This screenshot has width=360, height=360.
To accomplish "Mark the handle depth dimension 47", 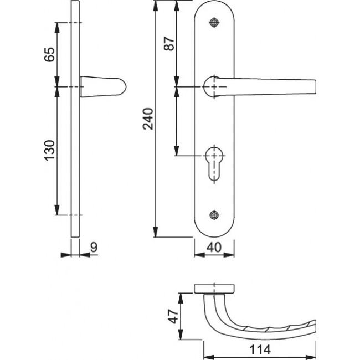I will pyautogui.click(x=172, y=316).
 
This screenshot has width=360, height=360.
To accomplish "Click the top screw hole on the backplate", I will pyautogui.click(x=214, y=22).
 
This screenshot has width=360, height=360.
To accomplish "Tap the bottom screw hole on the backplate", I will pyautogui.click(x=214, y=214).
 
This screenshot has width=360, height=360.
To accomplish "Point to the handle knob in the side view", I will pyautogui.click(x=105, y=87).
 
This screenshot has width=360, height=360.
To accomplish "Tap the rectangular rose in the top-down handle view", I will pyautogui.click(x=215, y=288).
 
